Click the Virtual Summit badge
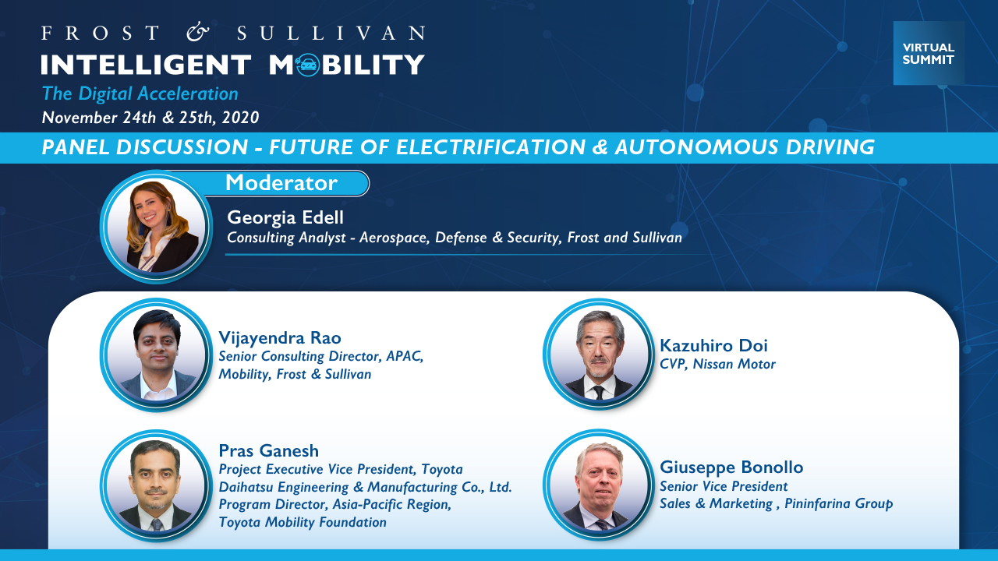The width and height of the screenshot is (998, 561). tap(929, 53)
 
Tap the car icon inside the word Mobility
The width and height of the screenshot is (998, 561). tap(307, 65)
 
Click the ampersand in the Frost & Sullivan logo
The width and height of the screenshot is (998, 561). tap(198, 33)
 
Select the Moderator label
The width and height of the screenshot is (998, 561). tap(281, 182)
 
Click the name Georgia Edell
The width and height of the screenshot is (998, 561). tap(285, 217)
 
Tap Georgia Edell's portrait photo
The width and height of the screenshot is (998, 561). tap(157, 227)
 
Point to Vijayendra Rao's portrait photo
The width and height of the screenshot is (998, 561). tap(157, 355)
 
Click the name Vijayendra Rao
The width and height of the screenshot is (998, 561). tap(280, 337)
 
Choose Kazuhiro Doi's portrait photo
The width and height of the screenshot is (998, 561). tap(600, 354)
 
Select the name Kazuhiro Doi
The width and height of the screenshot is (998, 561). tap(713, 345)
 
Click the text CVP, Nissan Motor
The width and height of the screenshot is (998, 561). tap(718, 364)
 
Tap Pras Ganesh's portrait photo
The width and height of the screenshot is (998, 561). tap(157, 485)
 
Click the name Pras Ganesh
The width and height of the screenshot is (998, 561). tap(269, 450)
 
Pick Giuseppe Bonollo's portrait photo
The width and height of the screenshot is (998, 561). tap(600, 485)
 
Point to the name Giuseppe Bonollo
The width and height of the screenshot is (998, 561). tap(731, 467)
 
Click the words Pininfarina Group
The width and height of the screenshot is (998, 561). tap(838, 503)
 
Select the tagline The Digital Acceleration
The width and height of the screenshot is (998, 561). tap(140, 94)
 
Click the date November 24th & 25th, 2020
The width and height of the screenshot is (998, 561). tap(150, 118)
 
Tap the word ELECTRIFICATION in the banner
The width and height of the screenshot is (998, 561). tap(490, 147)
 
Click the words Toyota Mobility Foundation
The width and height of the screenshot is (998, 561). tap(303, 522)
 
